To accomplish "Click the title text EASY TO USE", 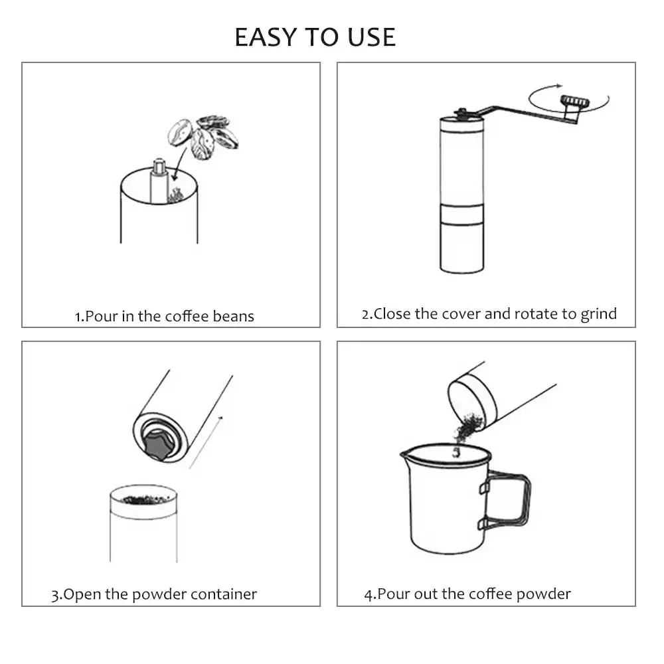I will click(315, 37).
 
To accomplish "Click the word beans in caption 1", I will click(233, 316).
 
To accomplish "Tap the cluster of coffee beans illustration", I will click(203, 137).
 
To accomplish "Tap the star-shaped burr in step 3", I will click(158, 444).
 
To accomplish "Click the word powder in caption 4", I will click(545, 594).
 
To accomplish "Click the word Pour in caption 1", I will click(101, 316).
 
